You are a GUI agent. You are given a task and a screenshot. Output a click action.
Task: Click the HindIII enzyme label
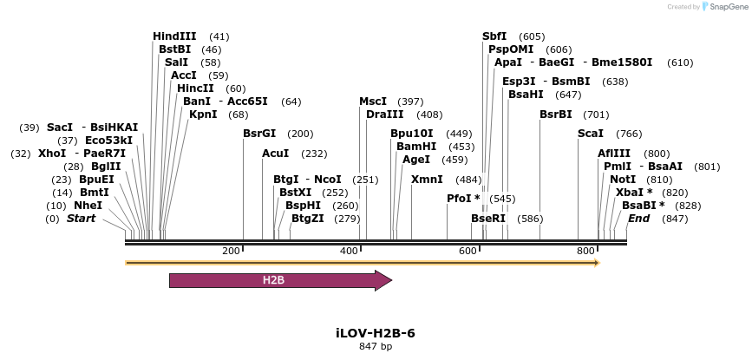point(174,36)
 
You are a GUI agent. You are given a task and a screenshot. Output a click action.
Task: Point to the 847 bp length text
point(376,347)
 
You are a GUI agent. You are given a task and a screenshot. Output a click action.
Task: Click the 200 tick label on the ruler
point(231,251)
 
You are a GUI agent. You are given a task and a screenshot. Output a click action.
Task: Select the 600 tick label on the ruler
point(468,251)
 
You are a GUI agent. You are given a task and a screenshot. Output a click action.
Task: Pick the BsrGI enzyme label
point(259,134)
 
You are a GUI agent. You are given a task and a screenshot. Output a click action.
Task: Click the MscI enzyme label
point(373,101)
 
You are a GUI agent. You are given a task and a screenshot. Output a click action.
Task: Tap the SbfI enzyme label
point(494,36)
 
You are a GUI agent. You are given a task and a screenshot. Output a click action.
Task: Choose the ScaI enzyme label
point(590,134)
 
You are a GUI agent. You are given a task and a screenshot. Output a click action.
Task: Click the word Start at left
point(81,218)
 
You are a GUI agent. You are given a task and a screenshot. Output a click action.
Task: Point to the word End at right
point(638,218)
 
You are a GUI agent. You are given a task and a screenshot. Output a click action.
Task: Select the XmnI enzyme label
point(427,180)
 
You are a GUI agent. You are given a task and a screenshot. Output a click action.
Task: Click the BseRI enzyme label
point(487,219)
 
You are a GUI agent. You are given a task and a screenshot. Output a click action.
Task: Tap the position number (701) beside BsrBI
point(596,115)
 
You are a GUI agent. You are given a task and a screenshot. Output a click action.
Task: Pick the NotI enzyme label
point(623,180)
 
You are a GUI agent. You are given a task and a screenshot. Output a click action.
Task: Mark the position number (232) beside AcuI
point(314,154)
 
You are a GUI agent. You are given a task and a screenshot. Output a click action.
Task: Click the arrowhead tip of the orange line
point(598,262)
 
